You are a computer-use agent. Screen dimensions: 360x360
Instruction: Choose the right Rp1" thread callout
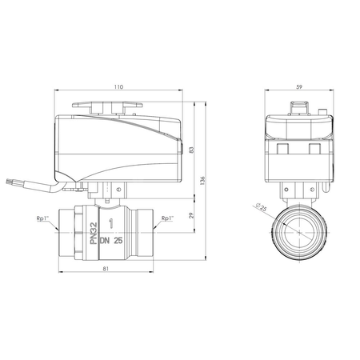[167, 218]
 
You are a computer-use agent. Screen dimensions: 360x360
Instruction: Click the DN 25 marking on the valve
[113, 238]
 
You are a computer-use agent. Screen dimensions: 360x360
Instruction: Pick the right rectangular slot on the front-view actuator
[314, 150]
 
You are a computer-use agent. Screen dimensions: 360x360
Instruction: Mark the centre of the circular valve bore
[298, 231]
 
